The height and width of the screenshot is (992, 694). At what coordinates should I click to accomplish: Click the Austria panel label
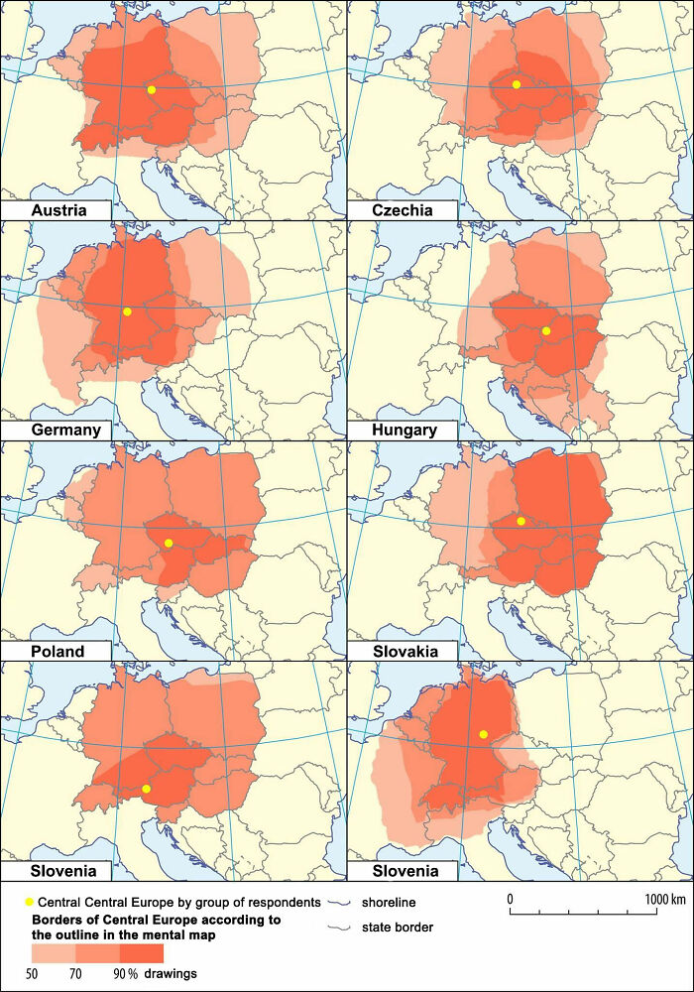pos(58,210)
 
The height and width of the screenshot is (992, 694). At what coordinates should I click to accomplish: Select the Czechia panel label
pos(402,210)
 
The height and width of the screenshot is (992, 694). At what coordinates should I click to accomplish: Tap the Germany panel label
pos(66,430)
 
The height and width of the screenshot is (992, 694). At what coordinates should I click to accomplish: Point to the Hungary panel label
pos(405,430)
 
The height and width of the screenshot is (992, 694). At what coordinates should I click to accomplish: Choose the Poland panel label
pos(58,651)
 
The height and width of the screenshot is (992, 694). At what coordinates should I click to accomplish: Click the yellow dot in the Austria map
pos(152,90)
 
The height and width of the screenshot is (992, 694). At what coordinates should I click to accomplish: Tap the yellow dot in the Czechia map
pos(517,85)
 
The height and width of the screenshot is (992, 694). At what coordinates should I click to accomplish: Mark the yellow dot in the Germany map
pos(127,311)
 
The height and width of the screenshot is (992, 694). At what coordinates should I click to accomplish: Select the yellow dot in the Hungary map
pos(546,330)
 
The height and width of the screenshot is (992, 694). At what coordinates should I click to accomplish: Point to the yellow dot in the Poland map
pos(169,543)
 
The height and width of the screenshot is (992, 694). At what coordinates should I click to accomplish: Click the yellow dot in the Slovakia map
pos(521,521)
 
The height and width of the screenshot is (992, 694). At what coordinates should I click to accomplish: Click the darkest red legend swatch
pos(142,952)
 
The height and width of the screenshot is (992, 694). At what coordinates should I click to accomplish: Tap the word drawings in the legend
pos(171,974)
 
